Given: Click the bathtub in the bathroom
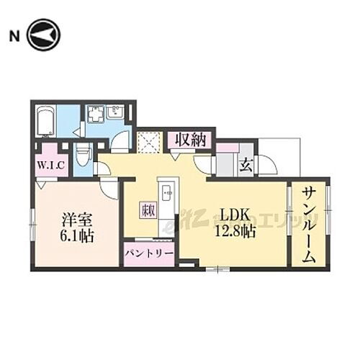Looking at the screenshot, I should [x=45, y=121].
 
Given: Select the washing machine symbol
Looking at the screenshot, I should [x=96, y=114].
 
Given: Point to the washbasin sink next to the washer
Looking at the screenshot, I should [x=116, y=112].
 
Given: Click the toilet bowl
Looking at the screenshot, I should [x=83, y=156].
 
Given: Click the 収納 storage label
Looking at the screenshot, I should [x=190, y=139].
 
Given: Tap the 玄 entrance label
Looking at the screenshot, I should [x=245, y=165].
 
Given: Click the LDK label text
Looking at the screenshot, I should [x=234, y=215].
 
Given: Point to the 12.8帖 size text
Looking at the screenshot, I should [x=235, y=233].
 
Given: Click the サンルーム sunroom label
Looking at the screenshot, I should [x=308, y=225].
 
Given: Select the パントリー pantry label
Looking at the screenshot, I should [x=148, y=253].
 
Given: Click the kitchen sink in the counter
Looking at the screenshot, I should [x=167, y=194].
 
